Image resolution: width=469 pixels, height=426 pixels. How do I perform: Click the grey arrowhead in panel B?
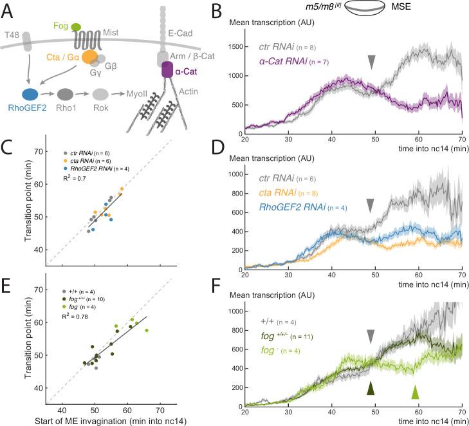pyautogui.click(x=371, y=61)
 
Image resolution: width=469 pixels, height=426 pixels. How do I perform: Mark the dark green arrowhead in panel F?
pyautogui.click(x=371, y=388)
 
